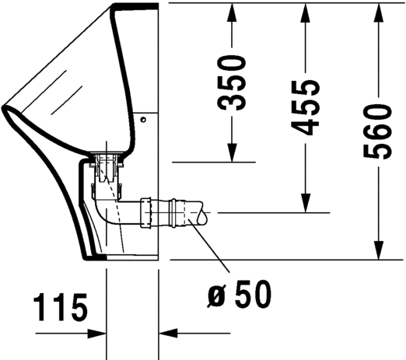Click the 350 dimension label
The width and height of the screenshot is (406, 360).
(231, 82)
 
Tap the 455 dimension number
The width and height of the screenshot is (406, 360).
(305, 107)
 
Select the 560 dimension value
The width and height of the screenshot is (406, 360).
(378, 131)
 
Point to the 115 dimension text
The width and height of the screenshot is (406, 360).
(61, 307)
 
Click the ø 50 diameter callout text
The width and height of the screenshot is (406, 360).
(239, 294)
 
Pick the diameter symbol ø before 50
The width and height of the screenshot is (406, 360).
(215, 297)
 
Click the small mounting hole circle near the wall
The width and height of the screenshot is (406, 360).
(143, 120)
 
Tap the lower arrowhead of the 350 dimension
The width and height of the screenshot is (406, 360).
(232, 152)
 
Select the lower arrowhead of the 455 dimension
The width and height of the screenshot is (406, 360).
(306, 203)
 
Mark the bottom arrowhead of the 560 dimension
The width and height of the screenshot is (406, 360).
(379, 250)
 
